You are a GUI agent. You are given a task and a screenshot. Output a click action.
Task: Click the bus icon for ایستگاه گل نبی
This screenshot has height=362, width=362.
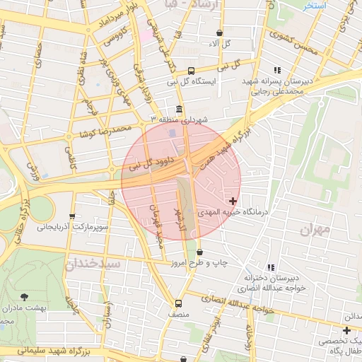pos(191,70)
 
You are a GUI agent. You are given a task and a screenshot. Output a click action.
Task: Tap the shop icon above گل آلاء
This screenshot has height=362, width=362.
pos(219,33)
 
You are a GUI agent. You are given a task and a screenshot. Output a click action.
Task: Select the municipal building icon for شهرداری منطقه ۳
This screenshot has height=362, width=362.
pos(177,110)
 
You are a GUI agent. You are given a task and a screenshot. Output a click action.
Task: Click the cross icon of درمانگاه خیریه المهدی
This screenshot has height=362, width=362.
pos(233,202)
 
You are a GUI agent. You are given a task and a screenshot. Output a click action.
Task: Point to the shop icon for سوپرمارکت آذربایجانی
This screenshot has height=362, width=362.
pos(71,217)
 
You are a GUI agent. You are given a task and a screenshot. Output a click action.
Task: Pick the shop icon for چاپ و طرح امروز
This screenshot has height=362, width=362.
pos(200,252)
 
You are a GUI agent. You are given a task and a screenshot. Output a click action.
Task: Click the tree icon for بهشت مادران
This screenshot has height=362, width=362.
pos(25,297)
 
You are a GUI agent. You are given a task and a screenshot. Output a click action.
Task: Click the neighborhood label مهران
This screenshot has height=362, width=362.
pos(315,230)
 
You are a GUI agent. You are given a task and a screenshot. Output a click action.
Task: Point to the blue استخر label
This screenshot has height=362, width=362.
pos(312,5)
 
